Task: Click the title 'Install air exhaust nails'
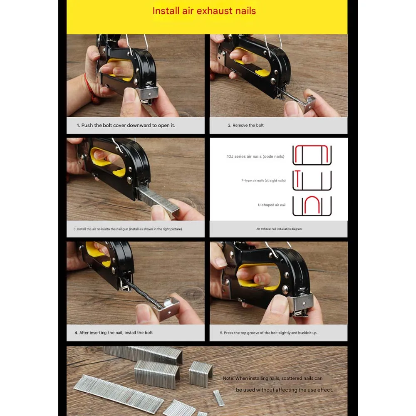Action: click(204, 11)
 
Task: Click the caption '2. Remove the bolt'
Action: click(245, 125)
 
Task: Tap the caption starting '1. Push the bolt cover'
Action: click(126, 125)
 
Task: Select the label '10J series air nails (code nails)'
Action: click(255, 156)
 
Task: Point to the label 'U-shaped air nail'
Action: click(271, 205)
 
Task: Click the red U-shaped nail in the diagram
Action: click(312, 206)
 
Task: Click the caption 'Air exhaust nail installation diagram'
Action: click(279, 229)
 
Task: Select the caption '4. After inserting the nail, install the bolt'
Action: click(114, 333)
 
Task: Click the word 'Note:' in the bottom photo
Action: click(228, 379)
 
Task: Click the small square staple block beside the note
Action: click(201, 373)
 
